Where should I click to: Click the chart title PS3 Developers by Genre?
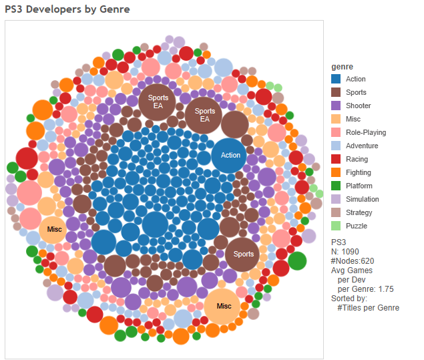click(67, 9)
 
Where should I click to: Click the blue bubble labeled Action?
click(230, 156)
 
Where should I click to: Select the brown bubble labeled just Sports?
click(244, 254)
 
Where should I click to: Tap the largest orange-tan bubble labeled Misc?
click(224, 306)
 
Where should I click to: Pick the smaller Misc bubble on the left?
click(55, 230)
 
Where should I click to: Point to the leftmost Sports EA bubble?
click(158, 102)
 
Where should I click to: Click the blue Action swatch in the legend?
click(337, 79)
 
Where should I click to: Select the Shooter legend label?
click(358, 106)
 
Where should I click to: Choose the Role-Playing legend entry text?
click(365, 133)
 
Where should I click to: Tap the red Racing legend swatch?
click(337, 160)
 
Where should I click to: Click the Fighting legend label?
click(360, 173)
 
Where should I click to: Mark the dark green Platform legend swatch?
click(337, 186)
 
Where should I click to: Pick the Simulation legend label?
click(362, 200)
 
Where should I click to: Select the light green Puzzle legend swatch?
click(337, 226)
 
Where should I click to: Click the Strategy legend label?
click(359, 213)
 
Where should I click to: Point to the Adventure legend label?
click(362, 146)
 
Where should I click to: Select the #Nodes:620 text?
click(355, 260)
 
